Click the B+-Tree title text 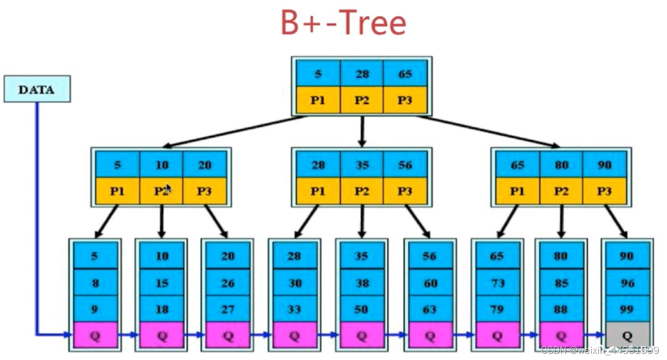(343, 23)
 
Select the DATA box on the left (37, 89)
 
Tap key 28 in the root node (362, 74)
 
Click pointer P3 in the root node (405, 100)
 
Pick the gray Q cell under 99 (627, 336)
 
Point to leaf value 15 (161, 283)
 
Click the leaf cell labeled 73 (497, 283)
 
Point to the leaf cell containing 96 (627, 283)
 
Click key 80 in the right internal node (561, 165)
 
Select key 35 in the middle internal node (362, 165)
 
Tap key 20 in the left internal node (205, 165)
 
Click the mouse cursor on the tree (168, 189)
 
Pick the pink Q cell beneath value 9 (95, 336)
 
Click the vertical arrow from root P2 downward (362, 131)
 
